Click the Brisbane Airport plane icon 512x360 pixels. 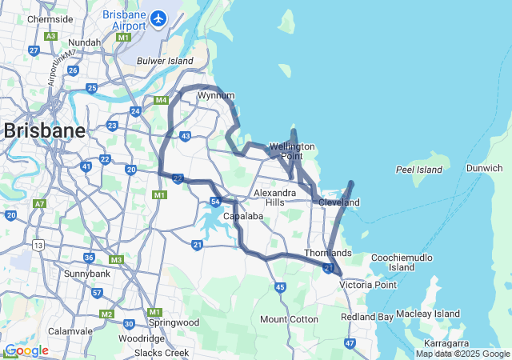(158, 17)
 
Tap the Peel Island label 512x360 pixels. (418, 170)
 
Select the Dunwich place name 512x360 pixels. (485, 169)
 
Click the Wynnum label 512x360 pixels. (215, 95)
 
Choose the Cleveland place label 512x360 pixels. (339, 203)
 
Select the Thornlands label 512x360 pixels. (327, 253)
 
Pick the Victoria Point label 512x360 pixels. (368, 285)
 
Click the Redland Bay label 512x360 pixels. (367, 318)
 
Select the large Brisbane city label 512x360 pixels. (44, 131)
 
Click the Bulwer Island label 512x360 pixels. (165, 60)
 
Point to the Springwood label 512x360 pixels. (174, 322)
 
